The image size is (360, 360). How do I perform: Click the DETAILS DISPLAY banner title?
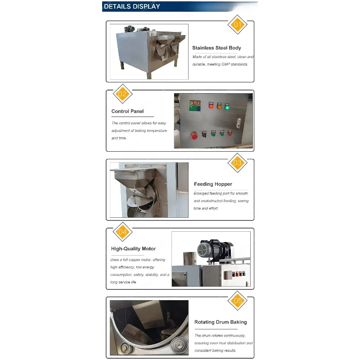tap(132, 6)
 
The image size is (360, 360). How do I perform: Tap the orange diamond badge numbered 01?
tap(238, 25)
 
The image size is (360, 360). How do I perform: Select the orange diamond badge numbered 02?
tap(122, 94)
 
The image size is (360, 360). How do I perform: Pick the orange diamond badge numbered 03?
tap(238, 163)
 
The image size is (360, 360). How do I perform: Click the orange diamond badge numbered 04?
tap(122, 232)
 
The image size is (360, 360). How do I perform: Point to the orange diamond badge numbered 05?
tap(238, 301)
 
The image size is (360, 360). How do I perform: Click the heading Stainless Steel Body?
tap(216, 48)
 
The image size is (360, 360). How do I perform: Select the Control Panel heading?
tap(127, 111)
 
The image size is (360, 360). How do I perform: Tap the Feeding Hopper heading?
tap(213, 184)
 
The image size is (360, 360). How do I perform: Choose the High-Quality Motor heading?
tap(133, 249)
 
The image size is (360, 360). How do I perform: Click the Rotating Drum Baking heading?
tap(220, 322)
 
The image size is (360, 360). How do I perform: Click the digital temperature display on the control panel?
tap(195, 105)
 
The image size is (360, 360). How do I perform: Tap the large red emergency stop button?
tap(194, 136)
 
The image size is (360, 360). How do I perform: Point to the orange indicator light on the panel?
tap(219, 106)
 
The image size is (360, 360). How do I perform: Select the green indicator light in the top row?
tap(227, 107)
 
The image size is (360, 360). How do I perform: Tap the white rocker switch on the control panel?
tap(239, 123)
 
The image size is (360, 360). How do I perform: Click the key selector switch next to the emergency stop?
tap(204, 134)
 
